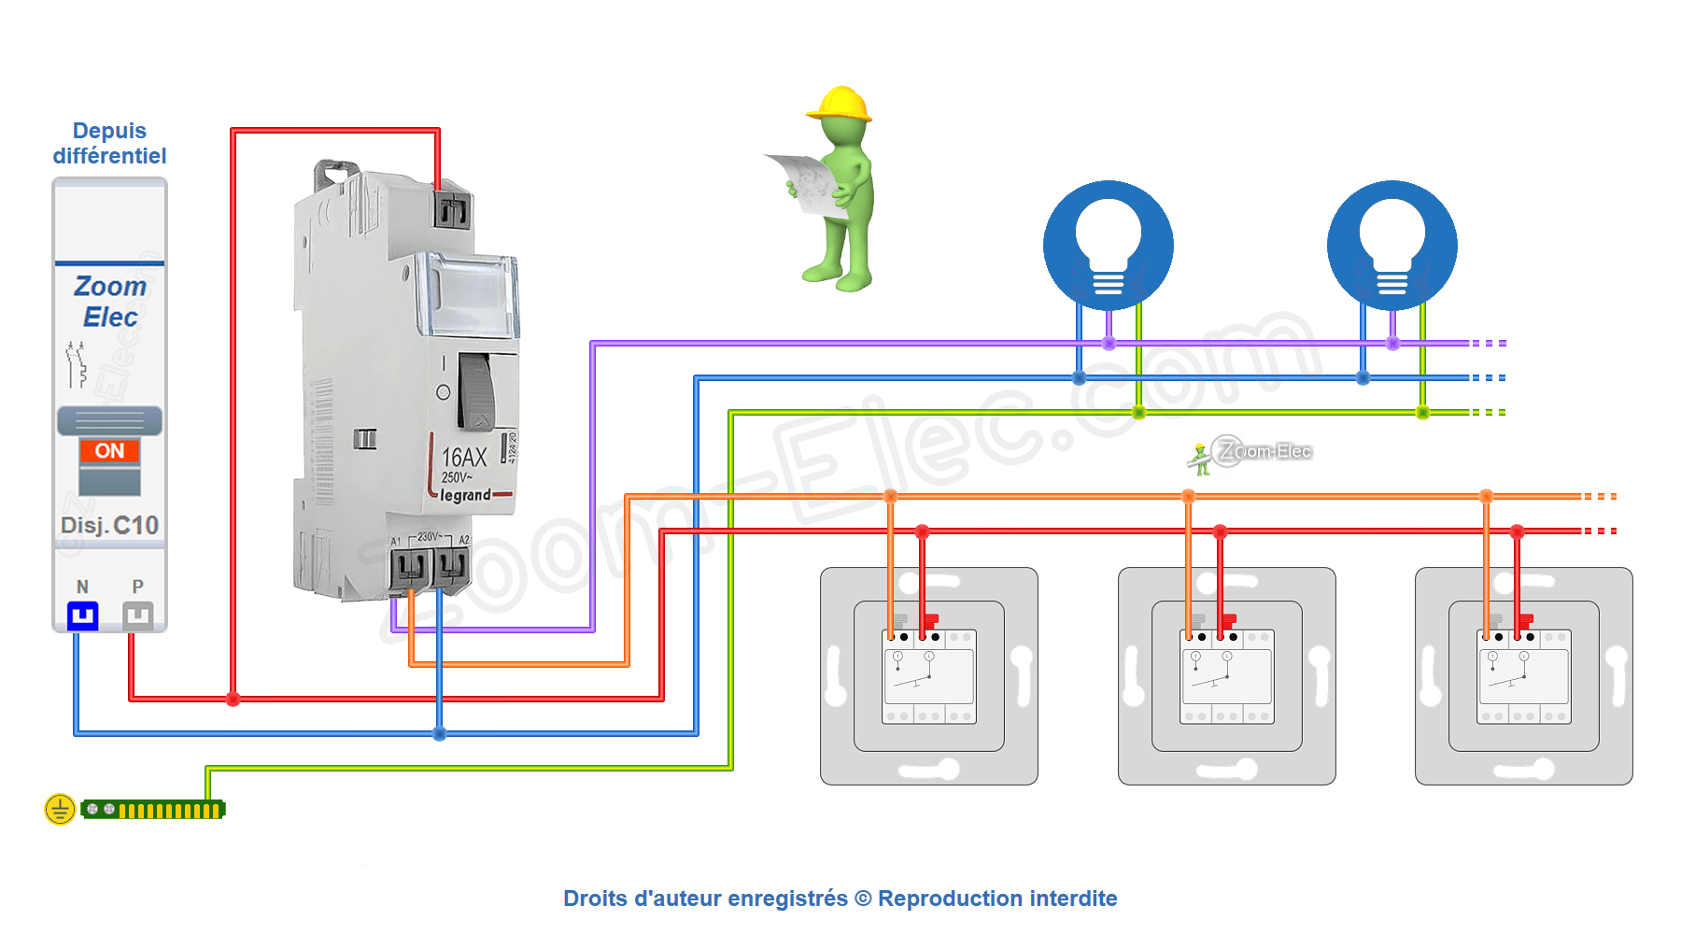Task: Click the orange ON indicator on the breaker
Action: [x=109, y=451]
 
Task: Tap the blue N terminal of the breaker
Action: [x=83, y=615]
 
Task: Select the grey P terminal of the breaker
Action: [x=137, y=615]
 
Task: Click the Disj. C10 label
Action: [x=109, y=526]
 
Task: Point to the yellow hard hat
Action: [x=840, y=104]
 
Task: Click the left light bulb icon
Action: [x=1109, y=246]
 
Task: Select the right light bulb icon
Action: [x=1392, y=246]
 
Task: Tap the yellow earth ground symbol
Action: [x=60, y=809]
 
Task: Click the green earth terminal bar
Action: [x=154, y=810]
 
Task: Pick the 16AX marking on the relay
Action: [x=464, y=458]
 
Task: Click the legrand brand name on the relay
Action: [x=466, y=495]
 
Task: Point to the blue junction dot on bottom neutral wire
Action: [x=439, y=734]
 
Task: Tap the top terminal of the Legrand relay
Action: [x=451, y=211]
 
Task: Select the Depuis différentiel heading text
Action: [x=109, y=143]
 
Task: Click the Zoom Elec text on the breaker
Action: [x=110, y=302]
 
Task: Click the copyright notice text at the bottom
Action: [x=840, y=899]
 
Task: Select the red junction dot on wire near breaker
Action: [x=233, y=699]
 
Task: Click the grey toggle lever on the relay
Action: [x=476, y=391]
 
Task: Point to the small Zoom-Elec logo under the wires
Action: [x=1251, y=453]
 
